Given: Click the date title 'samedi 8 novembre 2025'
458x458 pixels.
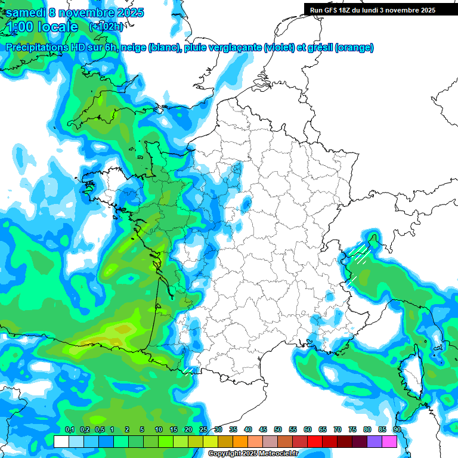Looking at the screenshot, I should pyautogui.click(x=75, y=13).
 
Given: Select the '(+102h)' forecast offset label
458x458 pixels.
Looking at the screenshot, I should pyautogui.click(x=106, y=26).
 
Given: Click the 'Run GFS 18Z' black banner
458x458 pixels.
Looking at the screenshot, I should pyautogui.click(x=373, y=10).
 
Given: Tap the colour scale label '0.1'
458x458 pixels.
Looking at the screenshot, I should pyautogui.click(x=70, y=429).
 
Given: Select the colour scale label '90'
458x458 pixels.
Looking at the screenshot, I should pyautogui.click(x=397, y=429).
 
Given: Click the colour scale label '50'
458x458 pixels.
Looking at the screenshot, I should pyautogui.click(x=277, y=429).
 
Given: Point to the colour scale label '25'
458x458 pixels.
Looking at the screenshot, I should pyautogui.click(x=203, y=429).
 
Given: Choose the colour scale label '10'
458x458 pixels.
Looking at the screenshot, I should pyautogui.click(x=159, y=429).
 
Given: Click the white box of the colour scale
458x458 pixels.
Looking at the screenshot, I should pyautogui.click(x=61, y=441).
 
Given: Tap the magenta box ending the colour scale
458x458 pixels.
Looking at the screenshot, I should pyautogui.click(x=389, y=441).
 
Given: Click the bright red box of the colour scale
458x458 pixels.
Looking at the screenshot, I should pyautogui.click(x=314, y=441).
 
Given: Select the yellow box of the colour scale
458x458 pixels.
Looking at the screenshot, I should pyautogui.click(x=210, y=441).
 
